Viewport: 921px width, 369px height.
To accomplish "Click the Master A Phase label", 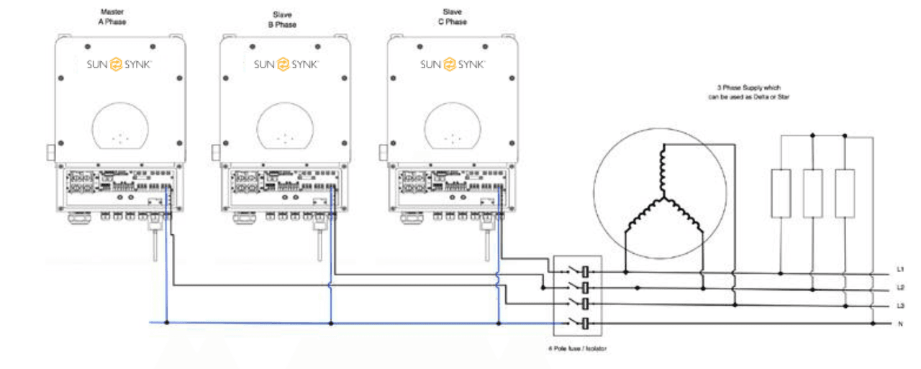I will tap(111, 17).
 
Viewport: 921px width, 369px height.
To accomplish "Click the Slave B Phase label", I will tap(277, 19).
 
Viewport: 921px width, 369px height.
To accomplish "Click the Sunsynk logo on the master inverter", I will tap(119, 65).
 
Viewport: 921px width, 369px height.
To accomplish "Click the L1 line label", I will tap(900, 270).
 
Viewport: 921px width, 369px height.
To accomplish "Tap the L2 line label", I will tap(900, 288).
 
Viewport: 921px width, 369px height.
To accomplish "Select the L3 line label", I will tap(900, 306).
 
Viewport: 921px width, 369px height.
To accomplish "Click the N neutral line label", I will tap(900, 324).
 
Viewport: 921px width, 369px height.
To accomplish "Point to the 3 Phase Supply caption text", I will tap(748, 91).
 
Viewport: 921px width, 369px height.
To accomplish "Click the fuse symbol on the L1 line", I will tap(586, 272).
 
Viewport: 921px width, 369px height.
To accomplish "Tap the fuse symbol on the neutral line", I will tap(586, 323).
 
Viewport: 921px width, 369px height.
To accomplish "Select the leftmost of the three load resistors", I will tap(781, 193).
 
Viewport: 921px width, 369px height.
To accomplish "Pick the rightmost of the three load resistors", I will tap(845, 193).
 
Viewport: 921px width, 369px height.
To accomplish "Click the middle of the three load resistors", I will tap(812, 193).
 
